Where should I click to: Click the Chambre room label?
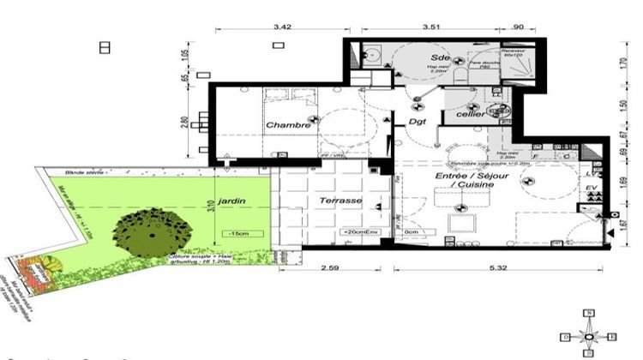pos(287,125)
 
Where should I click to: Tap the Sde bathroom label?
pos(441,57)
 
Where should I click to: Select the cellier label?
pos(471,112)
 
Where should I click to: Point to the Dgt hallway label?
pos(418,123)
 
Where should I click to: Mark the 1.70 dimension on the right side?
pos(623,62)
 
